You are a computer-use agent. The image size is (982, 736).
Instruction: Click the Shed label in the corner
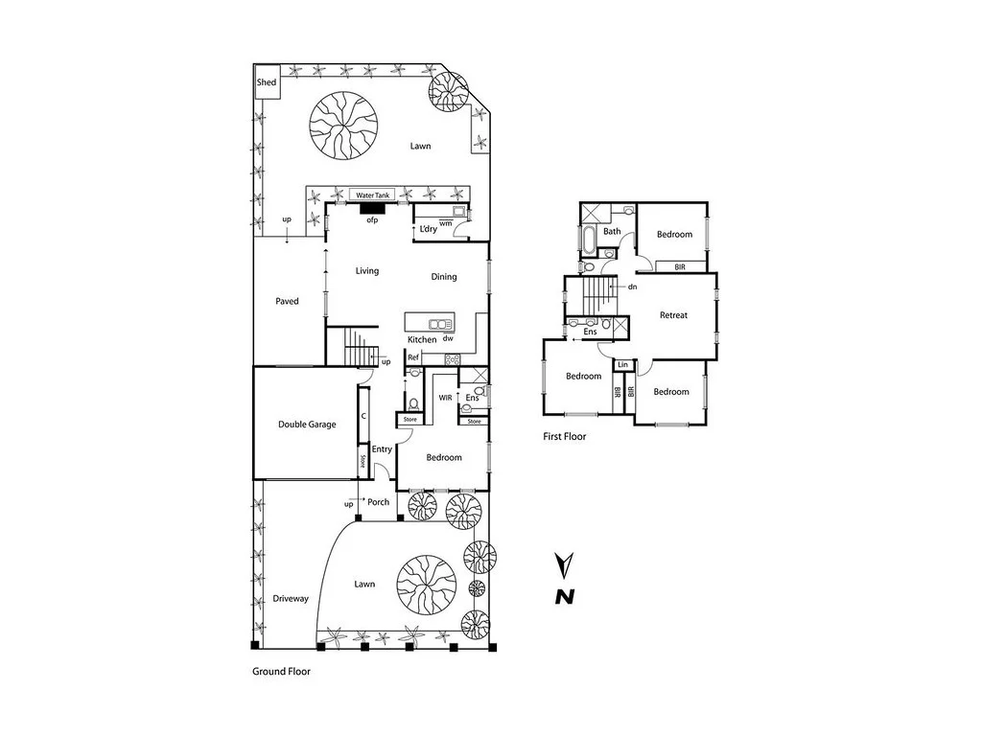tap(267, 82)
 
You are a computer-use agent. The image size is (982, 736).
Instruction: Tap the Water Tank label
tap(372, 194)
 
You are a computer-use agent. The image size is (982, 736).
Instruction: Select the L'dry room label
tap(428, 229)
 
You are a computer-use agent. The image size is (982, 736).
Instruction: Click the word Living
tap(367, 271)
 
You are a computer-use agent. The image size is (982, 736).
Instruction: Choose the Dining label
tap(443, 277)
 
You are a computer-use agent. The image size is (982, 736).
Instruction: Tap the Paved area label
tap(287, 301)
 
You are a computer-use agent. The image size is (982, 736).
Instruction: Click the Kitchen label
tap(422, 340)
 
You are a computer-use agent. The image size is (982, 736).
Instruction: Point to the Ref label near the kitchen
tap(413, 357)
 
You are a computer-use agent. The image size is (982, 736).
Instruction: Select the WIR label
tap(445, 397)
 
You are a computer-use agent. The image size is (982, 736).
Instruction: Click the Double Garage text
tap(307, 424)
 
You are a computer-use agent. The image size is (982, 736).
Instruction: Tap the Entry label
tap(382, 449)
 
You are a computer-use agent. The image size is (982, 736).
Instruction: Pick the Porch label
tap(378, 502)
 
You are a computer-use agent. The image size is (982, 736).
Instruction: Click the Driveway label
tap(290, 599)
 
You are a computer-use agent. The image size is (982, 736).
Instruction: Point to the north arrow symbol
tap(566, 581)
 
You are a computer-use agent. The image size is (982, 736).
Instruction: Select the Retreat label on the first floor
tap(673, 315)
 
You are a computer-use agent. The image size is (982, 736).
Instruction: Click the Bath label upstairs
tap(612, 231)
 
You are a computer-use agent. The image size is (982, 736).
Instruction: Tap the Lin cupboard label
tap(623, 365)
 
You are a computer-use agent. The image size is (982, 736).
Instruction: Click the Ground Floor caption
tap(281, 672)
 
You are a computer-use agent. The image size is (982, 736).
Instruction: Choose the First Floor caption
tap(565, 436)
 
